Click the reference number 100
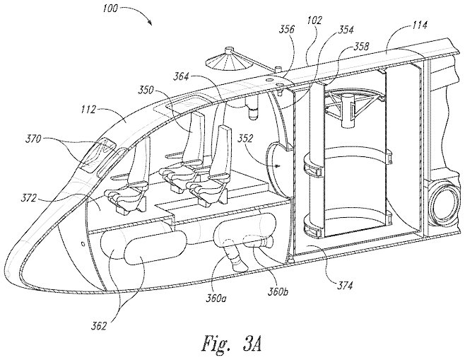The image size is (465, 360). pos(110,8)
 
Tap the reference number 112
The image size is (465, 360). pos(88,110)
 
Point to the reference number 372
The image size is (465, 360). pos(29,197)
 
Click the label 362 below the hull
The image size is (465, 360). pos(98,326)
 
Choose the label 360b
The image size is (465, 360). pos(278,291)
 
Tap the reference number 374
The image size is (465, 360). pos(345,285)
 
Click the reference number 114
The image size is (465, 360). pos(420,25)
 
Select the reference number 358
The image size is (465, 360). pos(361,47)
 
